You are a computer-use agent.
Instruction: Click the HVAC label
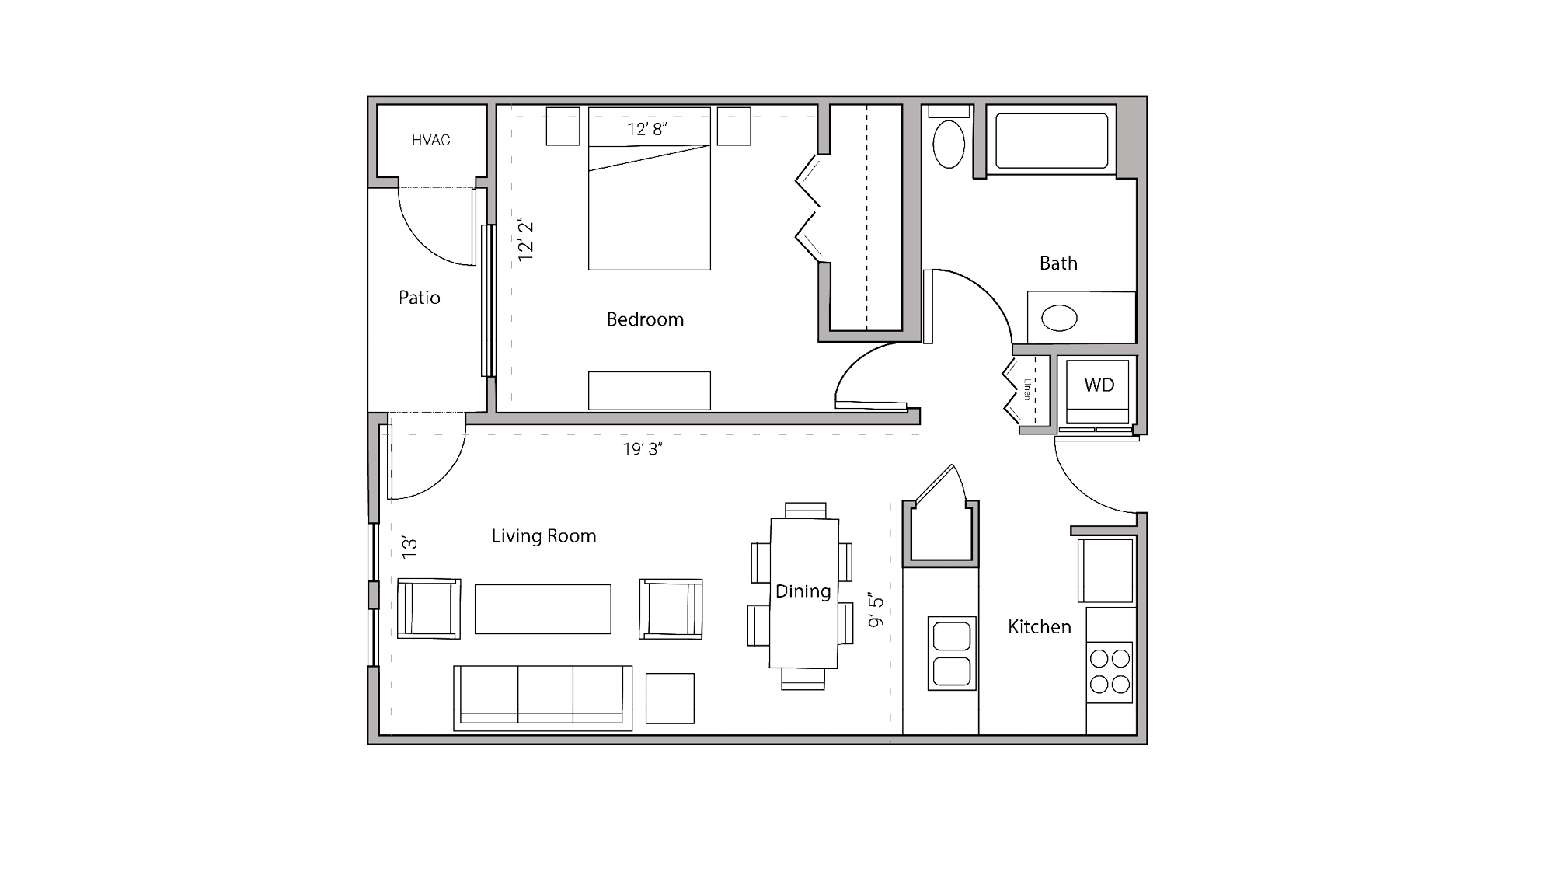(x=430, y=141)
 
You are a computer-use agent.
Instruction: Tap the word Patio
(x=419, y=298)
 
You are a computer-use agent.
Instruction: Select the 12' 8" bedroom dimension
(x=647, y=129)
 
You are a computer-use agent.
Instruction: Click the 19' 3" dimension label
(x=642, y=449)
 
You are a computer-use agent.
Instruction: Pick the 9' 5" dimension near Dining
(x=876, y=610)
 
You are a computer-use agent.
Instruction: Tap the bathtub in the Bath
(x=1052, y=141)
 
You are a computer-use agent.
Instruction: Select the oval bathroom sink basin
(x=1058, y=317)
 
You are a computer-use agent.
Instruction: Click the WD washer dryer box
(x=1098, y=386)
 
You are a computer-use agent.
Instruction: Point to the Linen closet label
(x=1027, y=389)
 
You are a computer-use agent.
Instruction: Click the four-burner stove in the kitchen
(x=1109, y=671)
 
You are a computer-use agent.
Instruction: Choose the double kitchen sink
(x=951, y=653)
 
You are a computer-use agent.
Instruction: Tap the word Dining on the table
(x=803, y=591)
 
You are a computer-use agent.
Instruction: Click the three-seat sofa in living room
(x=542, y=696)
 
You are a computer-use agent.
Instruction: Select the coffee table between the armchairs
(x=542, y=609)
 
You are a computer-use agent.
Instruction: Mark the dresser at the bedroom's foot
(x=649, y=390)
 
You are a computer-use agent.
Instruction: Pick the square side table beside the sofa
(x=669, y=698)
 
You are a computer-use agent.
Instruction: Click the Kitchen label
(x=1039, y=627)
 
